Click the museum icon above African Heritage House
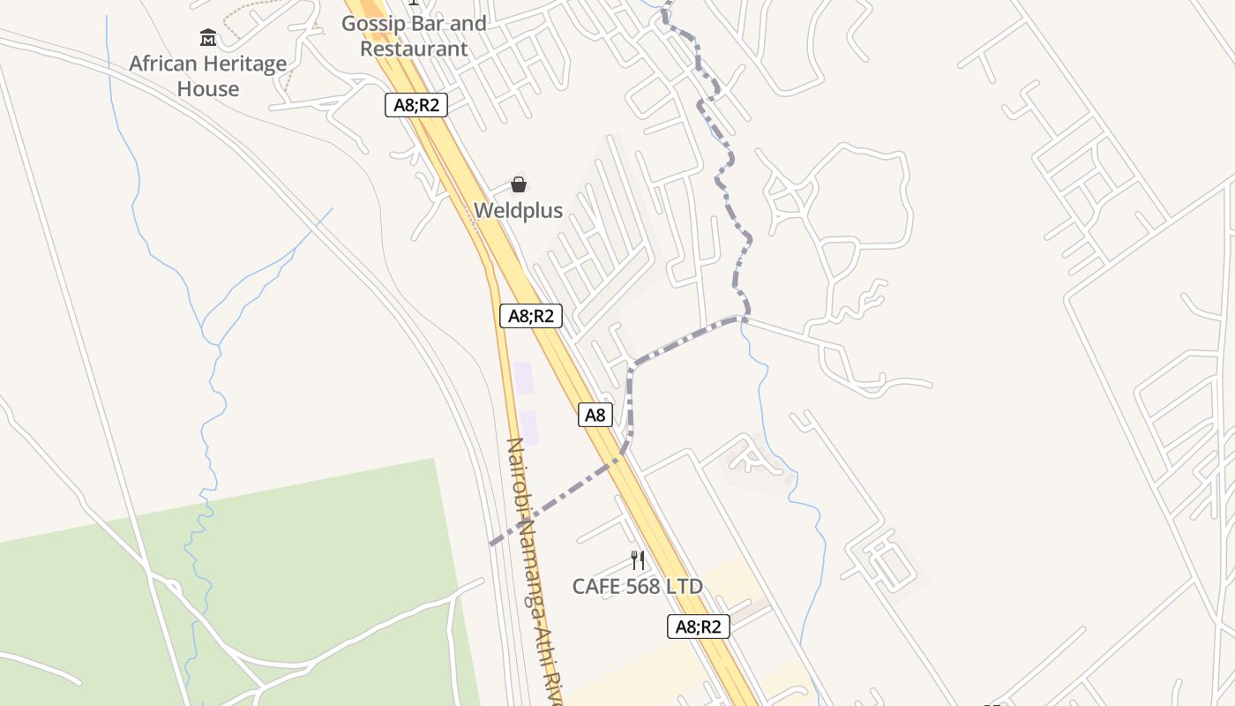(x=208, y=37)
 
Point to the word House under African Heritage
(x=208, y=89)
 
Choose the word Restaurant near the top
(x=414, y=49)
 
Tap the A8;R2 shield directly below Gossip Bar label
(x=416, y=105)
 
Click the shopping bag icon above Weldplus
(x=519, y=184)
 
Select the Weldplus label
(x=519, y=211)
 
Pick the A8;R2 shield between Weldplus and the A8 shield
(x=531, y=316)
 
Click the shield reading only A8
(x=595, y=415)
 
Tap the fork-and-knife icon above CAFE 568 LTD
(x=638, y=560)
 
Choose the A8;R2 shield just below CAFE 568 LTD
(x=699, y=627)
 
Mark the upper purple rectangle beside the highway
(x=524, y=378)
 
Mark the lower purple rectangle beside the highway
(x=528, y=427)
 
